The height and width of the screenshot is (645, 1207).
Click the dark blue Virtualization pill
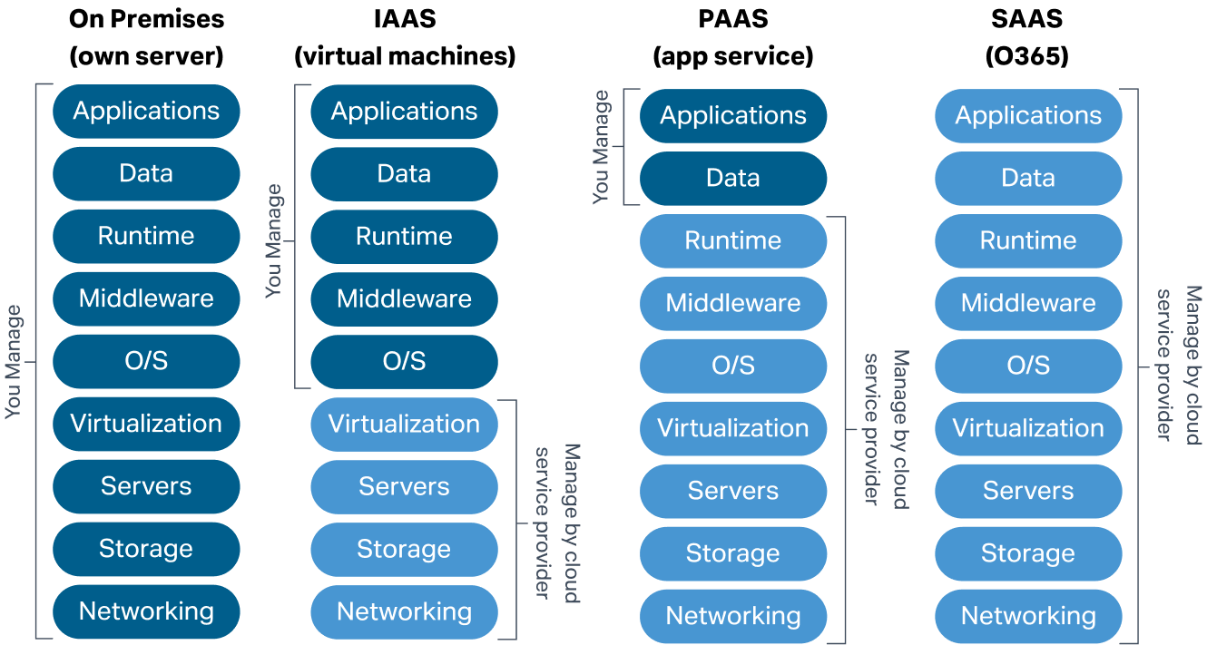pyautogui.click(x=146, y=424)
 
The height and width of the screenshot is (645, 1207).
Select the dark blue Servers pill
pyautogui.click(x=146, y=486)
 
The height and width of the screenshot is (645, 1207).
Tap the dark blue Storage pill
pyautogui.click(x=146, y=549)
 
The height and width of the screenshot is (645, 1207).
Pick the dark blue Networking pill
pyautogui.click(x=146, y=611)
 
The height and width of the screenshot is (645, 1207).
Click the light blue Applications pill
pyautogui.click(x=1028, y=116)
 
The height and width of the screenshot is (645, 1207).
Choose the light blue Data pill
pyautogui.click(x=1028, y=179)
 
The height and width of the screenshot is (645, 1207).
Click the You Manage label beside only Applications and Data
pyautogui.click(x=601, y=147)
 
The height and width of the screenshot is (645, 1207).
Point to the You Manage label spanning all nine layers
pyautogui.click(x=13, y=362)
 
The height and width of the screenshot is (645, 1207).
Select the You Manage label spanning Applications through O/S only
pyautogui.click(x=273, y=241)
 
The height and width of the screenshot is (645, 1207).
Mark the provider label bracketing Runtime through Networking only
pyautogui.click(x=886, y=428)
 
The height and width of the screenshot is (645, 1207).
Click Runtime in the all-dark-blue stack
pyautogui.click(x=146, y=236)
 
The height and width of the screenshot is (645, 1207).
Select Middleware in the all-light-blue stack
pyautogui.click(x=1028, y=303)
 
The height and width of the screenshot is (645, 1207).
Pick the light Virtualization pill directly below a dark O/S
pyautogui.click(x=404, y=425)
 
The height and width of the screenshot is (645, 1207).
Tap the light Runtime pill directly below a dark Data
pyautogui.click(x=733, y=241)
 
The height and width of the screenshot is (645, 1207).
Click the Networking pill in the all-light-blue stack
pyautogui.click(x=1028, y=616)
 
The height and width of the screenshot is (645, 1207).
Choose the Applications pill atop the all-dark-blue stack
pyautogui.click(x=146, y=112)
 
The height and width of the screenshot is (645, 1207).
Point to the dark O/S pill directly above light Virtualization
pyautogui.click(x=404, y=362)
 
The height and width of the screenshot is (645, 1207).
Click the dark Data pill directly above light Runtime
pyautogui.click(x=733, y=179)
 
